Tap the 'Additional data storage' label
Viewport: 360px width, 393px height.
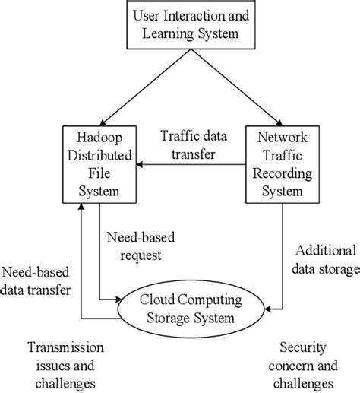(323, 261)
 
